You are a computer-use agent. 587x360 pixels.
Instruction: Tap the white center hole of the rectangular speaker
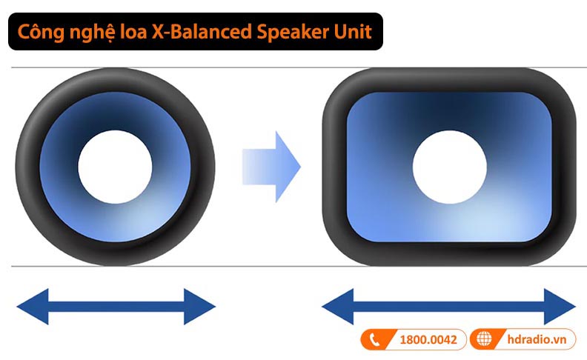pos(449,167)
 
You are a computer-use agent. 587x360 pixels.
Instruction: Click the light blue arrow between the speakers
pos(271,167)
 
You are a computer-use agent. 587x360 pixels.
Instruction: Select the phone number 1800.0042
pos(428,339)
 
